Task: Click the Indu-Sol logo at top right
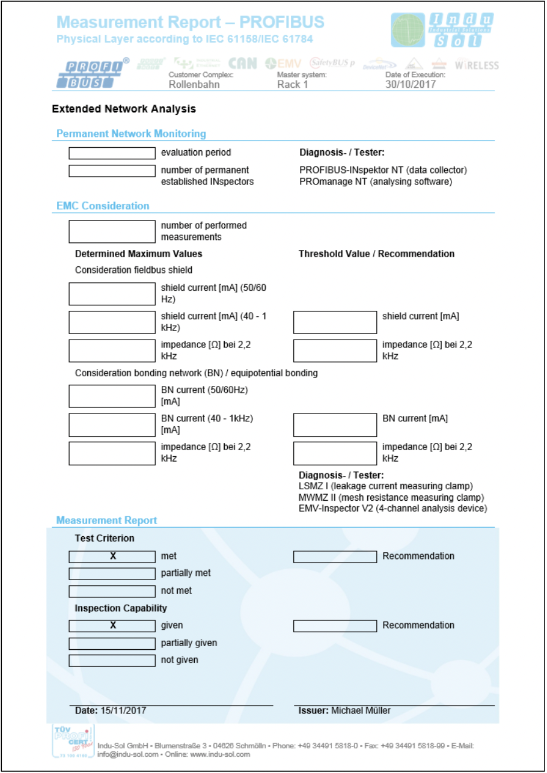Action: click(x=442, y=30)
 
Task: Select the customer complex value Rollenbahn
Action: click(x=194, y=84)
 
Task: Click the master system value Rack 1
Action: click(x=293, y=84)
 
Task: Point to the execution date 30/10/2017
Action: click(x=411, y=84)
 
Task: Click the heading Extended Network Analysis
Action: click(x=124, y=109)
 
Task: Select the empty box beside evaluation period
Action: click(x=112, y=153)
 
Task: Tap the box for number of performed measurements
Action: click(x=112, y=231)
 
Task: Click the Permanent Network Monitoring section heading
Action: click(x=131, y=134)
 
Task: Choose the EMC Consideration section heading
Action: click(x=103, y=206)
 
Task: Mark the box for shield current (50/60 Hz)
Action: click(x=112, y=294)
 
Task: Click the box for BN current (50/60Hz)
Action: click(x=112, y=396)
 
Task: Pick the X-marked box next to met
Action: click(x=112, y=557)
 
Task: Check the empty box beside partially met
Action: click(x=112, y=573)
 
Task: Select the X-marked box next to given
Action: click(x=112, y=626)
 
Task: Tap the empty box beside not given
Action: click(x=112, y=661)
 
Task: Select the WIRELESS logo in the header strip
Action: click(x=477, y=65)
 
